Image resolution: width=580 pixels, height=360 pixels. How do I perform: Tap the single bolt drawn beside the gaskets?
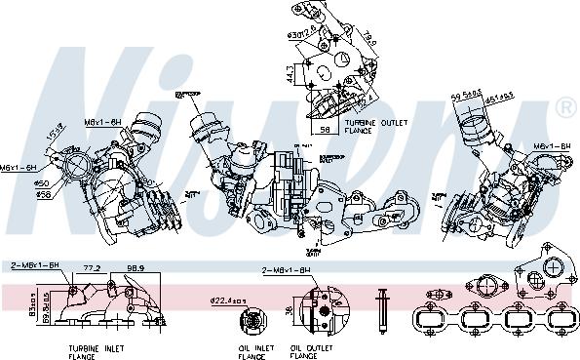(385, 311)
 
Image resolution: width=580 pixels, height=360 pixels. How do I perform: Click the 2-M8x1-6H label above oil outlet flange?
(285, 269)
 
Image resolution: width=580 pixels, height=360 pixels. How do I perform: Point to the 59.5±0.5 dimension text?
(469, 94)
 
